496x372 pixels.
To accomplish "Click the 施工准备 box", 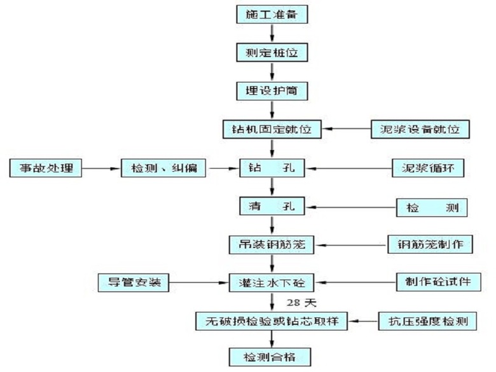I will [272, 14].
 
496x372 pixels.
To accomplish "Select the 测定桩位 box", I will [272, 52].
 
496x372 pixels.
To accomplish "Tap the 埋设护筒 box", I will [272, 90].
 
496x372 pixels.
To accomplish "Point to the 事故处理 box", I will [46, 169].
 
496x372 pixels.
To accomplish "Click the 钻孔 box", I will [272, 169].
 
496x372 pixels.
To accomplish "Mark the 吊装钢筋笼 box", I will [272, 244].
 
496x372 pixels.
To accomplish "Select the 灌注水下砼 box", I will [272, 281].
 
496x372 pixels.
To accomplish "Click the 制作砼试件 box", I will [434, 281].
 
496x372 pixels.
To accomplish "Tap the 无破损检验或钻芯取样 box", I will [272, 320].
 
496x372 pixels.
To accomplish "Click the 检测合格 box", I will [272, 356].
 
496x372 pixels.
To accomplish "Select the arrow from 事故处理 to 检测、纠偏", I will [102, 169].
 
